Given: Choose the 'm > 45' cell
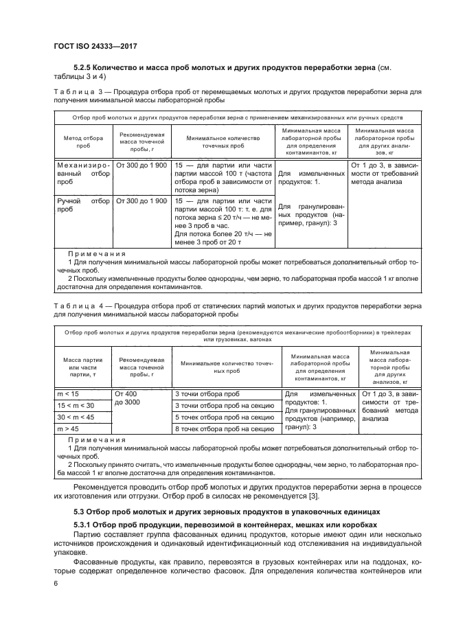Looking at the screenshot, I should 67,428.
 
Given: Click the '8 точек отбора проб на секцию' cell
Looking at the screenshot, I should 220,428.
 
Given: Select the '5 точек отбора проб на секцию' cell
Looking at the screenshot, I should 220,417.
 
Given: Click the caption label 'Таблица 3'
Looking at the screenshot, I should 77,91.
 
